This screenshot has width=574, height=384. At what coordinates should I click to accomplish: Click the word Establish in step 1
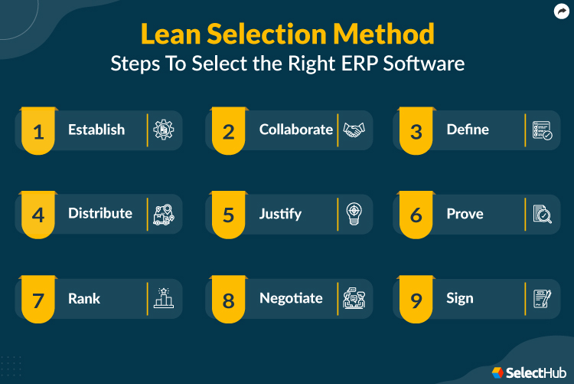(96, 130)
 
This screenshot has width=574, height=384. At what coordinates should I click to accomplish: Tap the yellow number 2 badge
(228, 131)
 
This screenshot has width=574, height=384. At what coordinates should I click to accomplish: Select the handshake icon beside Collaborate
(354, 130)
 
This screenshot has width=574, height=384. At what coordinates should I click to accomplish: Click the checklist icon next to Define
(543, 130)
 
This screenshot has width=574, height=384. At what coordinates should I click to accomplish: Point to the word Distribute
(100, 213)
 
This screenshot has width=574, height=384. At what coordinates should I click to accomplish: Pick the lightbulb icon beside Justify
(354, 214)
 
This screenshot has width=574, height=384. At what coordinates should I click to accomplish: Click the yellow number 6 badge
(416, 215)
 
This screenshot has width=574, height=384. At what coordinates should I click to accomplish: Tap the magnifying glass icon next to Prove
(543, 214)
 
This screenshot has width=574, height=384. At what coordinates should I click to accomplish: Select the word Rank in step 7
(84, 297)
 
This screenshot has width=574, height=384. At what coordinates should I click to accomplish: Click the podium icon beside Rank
(165, 298)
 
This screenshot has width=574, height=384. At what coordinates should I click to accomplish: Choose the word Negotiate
(291, 297)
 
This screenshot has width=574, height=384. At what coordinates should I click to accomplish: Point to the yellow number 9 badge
(416, 300)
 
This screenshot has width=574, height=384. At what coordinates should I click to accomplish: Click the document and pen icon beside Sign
(543, 298)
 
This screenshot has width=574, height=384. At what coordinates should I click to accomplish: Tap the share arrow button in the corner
(560, 11)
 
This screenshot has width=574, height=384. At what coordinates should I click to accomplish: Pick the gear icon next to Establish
(165, 130)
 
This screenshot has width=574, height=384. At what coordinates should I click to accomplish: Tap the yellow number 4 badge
(38, 215)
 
